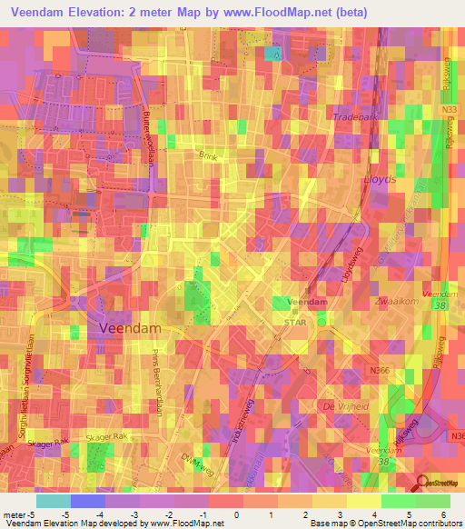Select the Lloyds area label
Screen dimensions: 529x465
380,180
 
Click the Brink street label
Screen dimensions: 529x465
210,156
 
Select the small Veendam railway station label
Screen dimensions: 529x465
307,301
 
